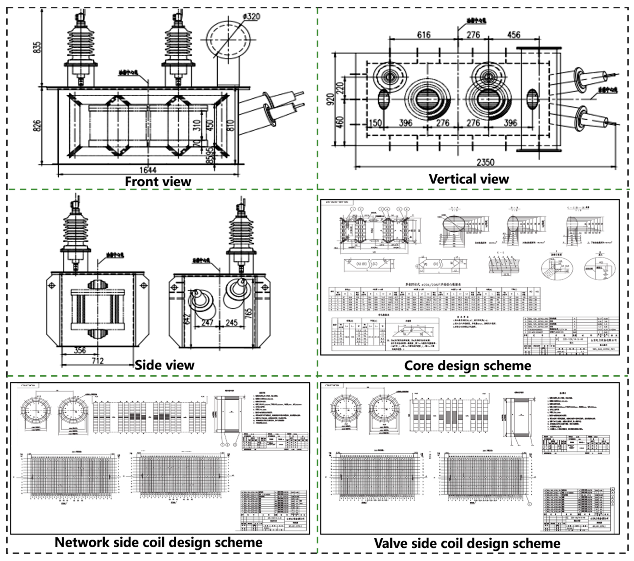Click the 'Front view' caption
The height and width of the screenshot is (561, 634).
(158, 182)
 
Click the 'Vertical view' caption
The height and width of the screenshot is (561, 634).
(469, 179)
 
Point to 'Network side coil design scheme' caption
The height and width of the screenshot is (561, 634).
(159, 542)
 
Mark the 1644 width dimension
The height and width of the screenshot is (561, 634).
(148, 170)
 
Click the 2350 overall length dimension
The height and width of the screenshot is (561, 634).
(485, 162)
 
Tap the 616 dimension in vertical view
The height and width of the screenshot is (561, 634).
(424, 35)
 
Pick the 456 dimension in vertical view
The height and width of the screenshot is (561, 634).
(514, 35)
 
